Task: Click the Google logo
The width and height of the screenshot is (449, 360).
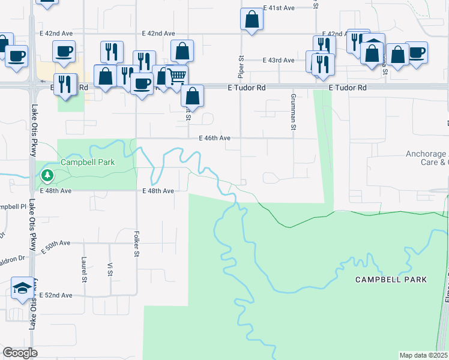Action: coord(20,353)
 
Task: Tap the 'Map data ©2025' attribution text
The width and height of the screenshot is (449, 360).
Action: coord(423,355)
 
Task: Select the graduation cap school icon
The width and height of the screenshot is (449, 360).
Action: coord(22,288)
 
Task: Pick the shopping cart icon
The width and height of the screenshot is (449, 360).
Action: coord(176,76)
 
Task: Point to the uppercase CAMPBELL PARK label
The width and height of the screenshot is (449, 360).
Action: coord(391,280)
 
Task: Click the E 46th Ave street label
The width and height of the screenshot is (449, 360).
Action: coord(215,138)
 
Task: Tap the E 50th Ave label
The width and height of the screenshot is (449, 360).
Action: coord(56,243)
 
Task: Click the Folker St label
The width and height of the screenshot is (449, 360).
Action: coord(137,245)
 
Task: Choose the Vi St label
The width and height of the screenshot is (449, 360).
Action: coord(110,269)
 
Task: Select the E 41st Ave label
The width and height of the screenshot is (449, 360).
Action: coord(279,8)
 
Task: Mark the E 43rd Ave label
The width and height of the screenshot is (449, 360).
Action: coord(279,61)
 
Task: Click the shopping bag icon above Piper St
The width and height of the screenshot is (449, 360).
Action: coord(252,19)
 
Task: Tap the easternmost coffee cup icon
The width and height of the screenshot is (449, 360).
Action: coord(417,52)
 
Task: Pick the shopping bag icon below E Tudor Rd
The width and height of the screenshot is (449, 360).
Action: coord(193,95)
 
